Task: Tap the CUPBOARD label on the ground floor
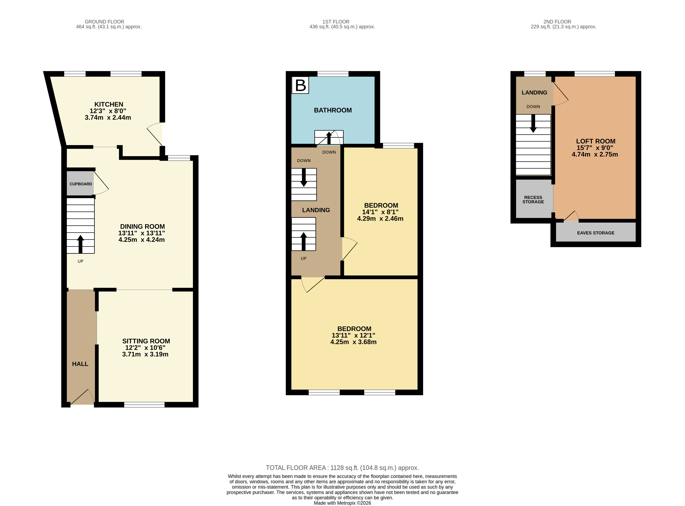point(80,184)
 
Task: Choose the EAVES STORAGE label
point(596,233)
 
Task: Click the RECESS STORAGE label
point(533,199)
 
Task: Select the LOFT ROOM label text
point(596,141)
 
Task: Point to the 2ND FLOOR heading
point(557,22)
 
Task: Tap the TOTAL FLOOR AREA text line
point(342,468)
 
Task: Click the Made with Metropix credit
point(342,503)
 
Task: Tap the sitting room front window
point(144,405)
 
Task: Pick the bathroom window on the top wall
point(333,73)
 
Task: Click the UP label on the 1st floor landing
point(304,258)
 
